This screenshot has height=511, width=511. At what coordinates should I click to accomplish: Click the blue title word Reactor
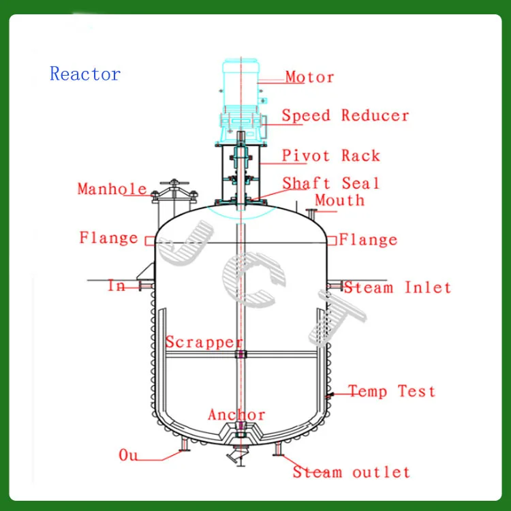click(x=85, y=74)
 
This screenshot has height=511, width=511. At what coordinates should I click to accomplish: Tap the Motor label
click(x=309, y=77)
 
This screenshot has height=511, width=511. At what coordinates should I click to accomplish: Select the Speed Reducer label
click(x=345, y=116)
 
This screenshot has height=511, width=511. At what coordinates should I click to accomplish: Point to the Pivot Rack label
click(x=331, y=156)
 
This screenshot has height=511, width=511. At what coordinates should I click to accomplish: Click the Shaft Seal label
click(x=331, y=183)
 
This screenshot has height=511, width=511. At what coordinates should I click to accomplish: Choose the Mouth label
click(x=339, y=200)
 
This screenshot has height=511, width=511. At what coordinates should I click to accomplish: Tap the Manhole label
click(x=112, y=189)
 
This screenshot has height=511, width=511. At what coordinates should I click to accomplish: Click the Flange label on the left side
click(x=108, y=238)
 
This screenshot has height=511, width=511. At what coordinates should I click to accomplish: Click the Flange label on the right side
click(x=368, y=240)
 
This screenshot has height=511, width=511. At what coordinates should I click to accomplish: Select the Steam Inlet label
click(x=397, y=288)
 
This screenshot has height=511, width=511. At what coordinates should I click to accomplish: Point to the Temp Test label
click(x=392, y=391)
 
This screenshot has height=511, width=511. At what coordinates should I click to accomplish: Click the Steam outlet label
click(x=352, y=472)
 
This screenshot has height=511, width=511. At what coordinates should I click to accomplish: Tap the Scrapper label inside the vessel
click(x=204, y=342)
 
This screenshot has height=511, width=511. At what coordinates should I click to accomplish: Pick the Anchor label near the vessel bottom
click(x=236, y=415)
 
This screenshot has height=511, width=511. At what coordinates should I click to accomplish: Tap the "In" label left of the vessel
click(x=117, y=286)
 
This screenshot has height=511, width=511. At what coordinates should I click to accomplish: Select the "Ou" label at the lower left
click(x=129, y=454)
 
